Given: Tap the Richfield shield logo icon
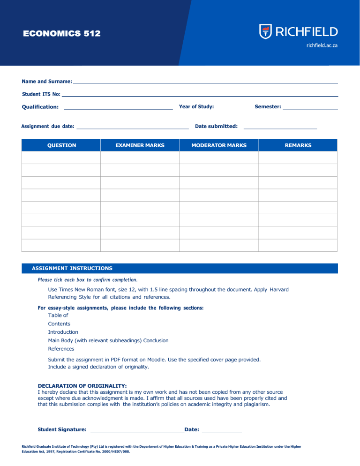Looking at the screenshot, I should click(x=265, y=32).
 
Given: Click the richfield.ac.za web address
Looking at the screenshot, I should click(x=322, y=45).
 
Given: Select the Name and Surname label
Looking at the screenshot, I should click(x=47, y=82).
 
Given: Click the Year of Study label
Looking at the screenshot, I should click(x=196, y=107).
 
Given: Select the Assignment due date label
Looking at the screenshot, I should click(x=48, y=126).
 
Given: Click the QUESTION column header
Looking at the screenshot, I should click(x=61, y=145).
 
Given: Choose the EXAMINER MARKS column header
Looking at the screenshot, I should click(x=140, y=145).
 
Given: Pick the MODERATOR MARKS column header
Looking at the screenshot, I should click(x=219, y=145).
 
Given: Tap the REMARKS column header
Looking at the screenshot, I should click(x=298, y=145).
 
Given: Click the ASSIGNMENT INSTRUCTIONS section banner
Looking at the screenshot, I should click(x=72, y=269).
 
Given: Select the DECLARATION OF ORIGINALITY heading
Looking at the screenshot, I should click(x=75, y=386).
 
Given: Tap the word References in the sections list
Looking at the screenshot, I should click(x=61, y=349).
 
